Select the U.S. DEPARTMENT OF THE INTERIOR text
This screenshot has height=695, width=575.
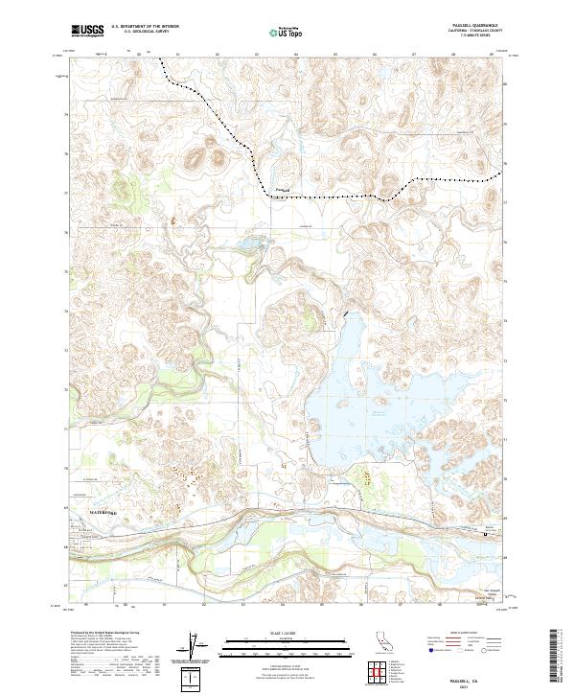click(x=145, y=27)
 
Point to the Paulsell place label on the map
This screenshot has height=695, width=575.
click(x=282, y=188)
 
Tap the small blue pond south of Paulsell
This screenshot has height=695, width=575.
click(x=251, y=245)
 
